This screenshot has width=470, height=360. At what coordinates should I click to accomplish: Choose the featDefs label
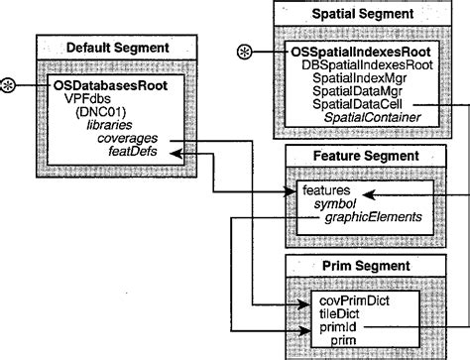pos(137,153)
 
